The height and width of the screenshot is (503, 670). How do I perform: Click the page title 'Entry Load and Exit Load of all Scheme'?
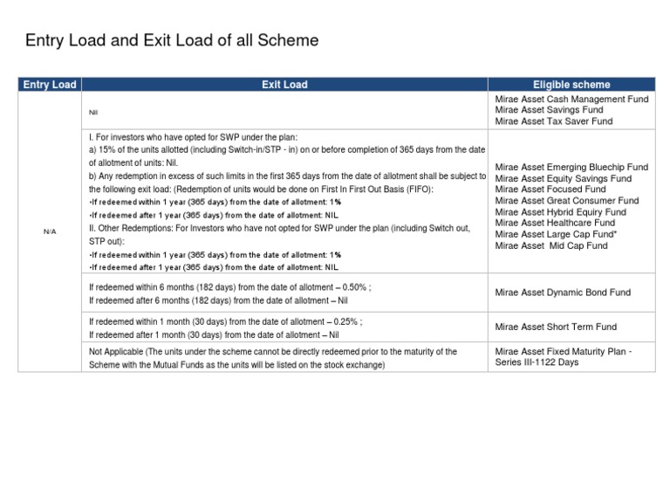(172, 40)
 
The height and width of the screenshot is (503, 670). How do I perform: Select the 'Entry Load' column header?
(51, 85)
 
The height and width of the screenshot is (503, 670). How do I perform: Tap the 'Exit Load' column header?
(284, 85)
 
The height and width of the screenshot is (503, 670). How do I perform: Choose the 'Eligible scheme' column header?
(571, 85)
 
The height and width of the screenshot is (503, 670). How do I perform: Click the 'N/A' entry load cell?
(51, 231)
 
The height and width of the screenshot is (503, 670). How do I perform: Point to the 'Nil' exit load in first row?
(94, 112)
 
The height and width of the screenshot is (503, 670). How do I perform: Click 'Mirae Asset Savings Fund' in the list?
(545, 111)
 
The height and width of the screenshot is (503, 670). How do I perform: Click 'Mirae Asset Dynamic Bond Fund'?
(562, 293)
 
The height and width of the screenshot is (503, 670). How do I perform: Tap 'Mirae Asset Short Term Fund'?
(556, 327)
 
